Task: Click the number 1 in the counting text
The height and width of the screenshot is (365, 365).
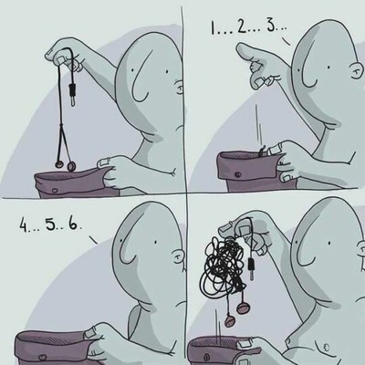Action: click(x=213, y=28)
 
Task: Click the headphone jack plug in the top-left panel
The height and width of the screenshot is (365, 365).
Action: click(x=72, y=95)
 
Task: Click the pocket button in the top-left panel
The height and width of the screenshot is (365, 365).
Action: click(x=54, y=191)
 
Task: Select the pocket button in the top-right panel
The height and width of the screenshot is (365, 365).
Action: click(x=238, y=174)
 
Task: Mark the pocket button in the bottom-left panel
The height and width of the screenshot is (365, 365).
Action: click(x=43, y=357)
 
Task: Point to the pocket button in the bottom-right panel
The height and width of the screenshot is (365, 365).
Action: click(x=206, y=356)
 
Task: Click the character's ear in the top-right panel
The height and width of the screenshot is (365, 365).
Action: click(x=357, y=72)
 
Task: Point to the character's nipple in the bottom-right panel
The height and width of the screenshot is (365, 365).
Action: click(x=327, y=346)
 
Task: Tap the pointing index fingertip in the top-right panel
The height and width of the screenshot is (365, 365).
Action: click(x=241, y=47)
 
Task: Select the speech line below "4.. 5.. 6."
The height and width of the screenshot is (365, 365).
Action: click(x=93, y=240)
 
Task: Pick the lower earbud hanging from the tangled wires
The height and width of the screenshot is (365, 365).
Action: click(x=231, y=320)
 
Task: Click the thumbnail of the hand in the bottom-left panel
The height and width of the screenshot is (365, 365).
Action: click(x=90, y=334)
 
